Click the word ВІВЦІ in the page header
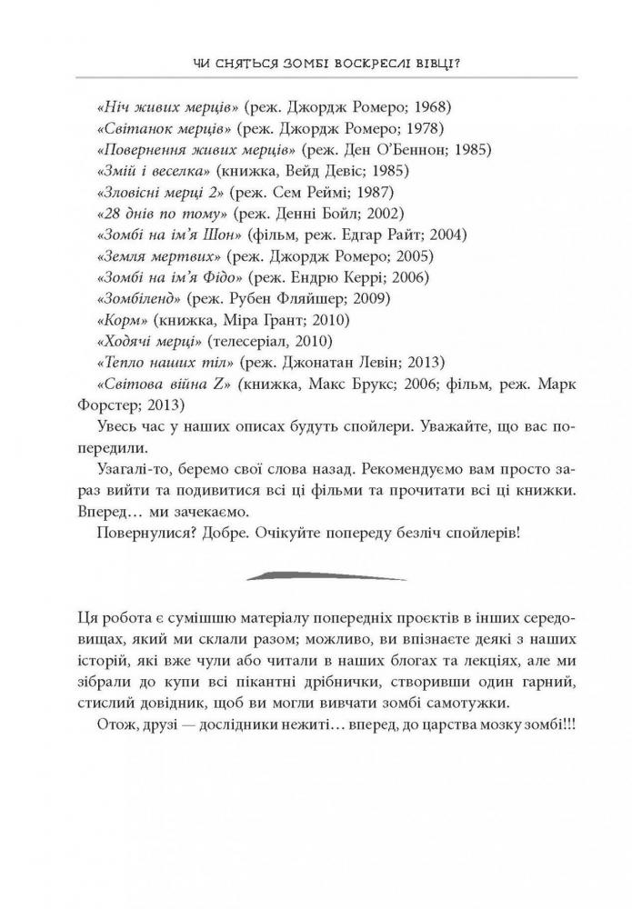[450, 63]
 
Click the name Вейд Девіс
[324, 170]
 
